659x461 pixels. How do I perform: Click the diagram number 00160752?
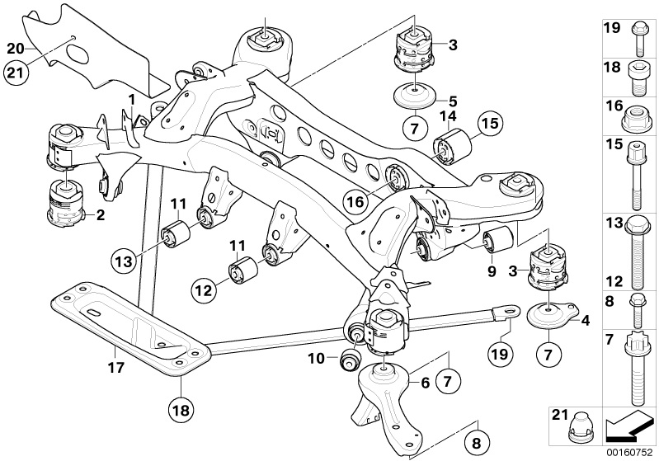pyautogui.click(x=632, y=452)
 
